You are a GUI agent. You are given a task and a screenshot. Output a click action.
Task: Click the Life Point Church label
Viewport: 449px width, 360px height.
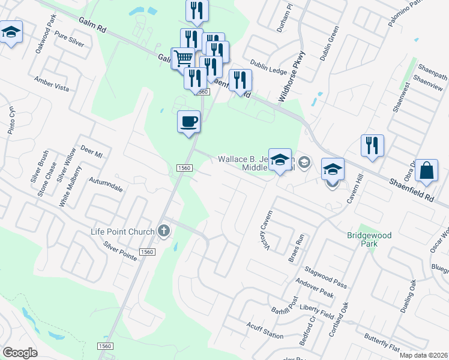point(122,232)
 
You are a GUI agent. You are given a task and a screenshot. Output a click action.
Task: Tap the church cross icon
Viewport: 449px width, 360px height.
point(163,231)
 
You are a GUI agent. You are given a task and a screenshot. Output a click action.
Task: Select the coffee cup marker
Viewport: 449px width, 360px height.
point(188,122)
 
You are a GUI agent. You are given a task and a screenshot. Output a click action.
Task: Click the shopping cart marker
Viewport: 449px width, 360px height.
point(183,59)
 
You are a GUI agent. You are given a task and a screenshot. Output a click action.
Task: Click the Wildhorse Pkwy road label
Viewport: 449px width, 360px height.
point(292,76)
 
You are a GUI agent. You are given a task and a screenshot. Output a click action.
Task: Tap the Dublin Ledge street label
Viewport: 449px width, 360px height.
point(269,70)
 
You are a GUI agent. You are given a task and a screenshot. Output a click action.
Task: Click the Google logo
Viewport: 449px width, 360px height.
point(20,353)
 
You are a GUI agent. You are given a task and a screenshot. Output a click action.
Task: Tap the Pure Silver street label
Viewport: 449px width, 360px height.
point(69,39)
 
